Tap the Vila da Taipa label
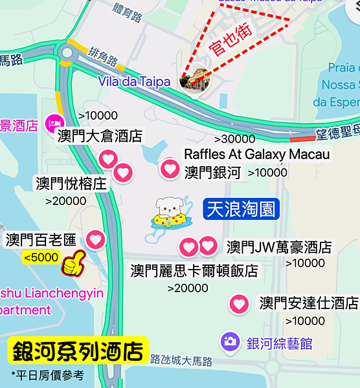[x=135, y=81]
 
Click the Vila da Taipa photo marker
[x=195, y=80]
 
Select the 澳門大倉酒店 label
[x=100, y=136]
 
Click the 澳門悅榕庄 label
[x=71, y=184]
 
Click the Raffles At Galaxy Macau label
[x=257, y=154]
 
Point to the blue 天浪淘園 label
[x=240, y=209]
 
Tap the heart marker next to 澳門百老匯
[x=96, y=240]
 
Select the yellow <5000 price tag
[x=41, y=257]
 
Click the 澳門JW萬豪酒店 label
[x=279, y=247]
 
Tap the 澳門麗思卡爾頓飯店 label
[x=194, y=270]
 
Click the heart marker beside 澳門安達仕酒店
[x=240, y=303]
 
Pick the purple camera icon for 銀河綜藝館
[x=229, y=342]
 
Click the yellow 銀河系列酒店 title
[x=78, y=351]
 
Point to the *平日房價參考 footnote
[x=47, y=374]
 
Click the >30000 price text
[x=234, y=138]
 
